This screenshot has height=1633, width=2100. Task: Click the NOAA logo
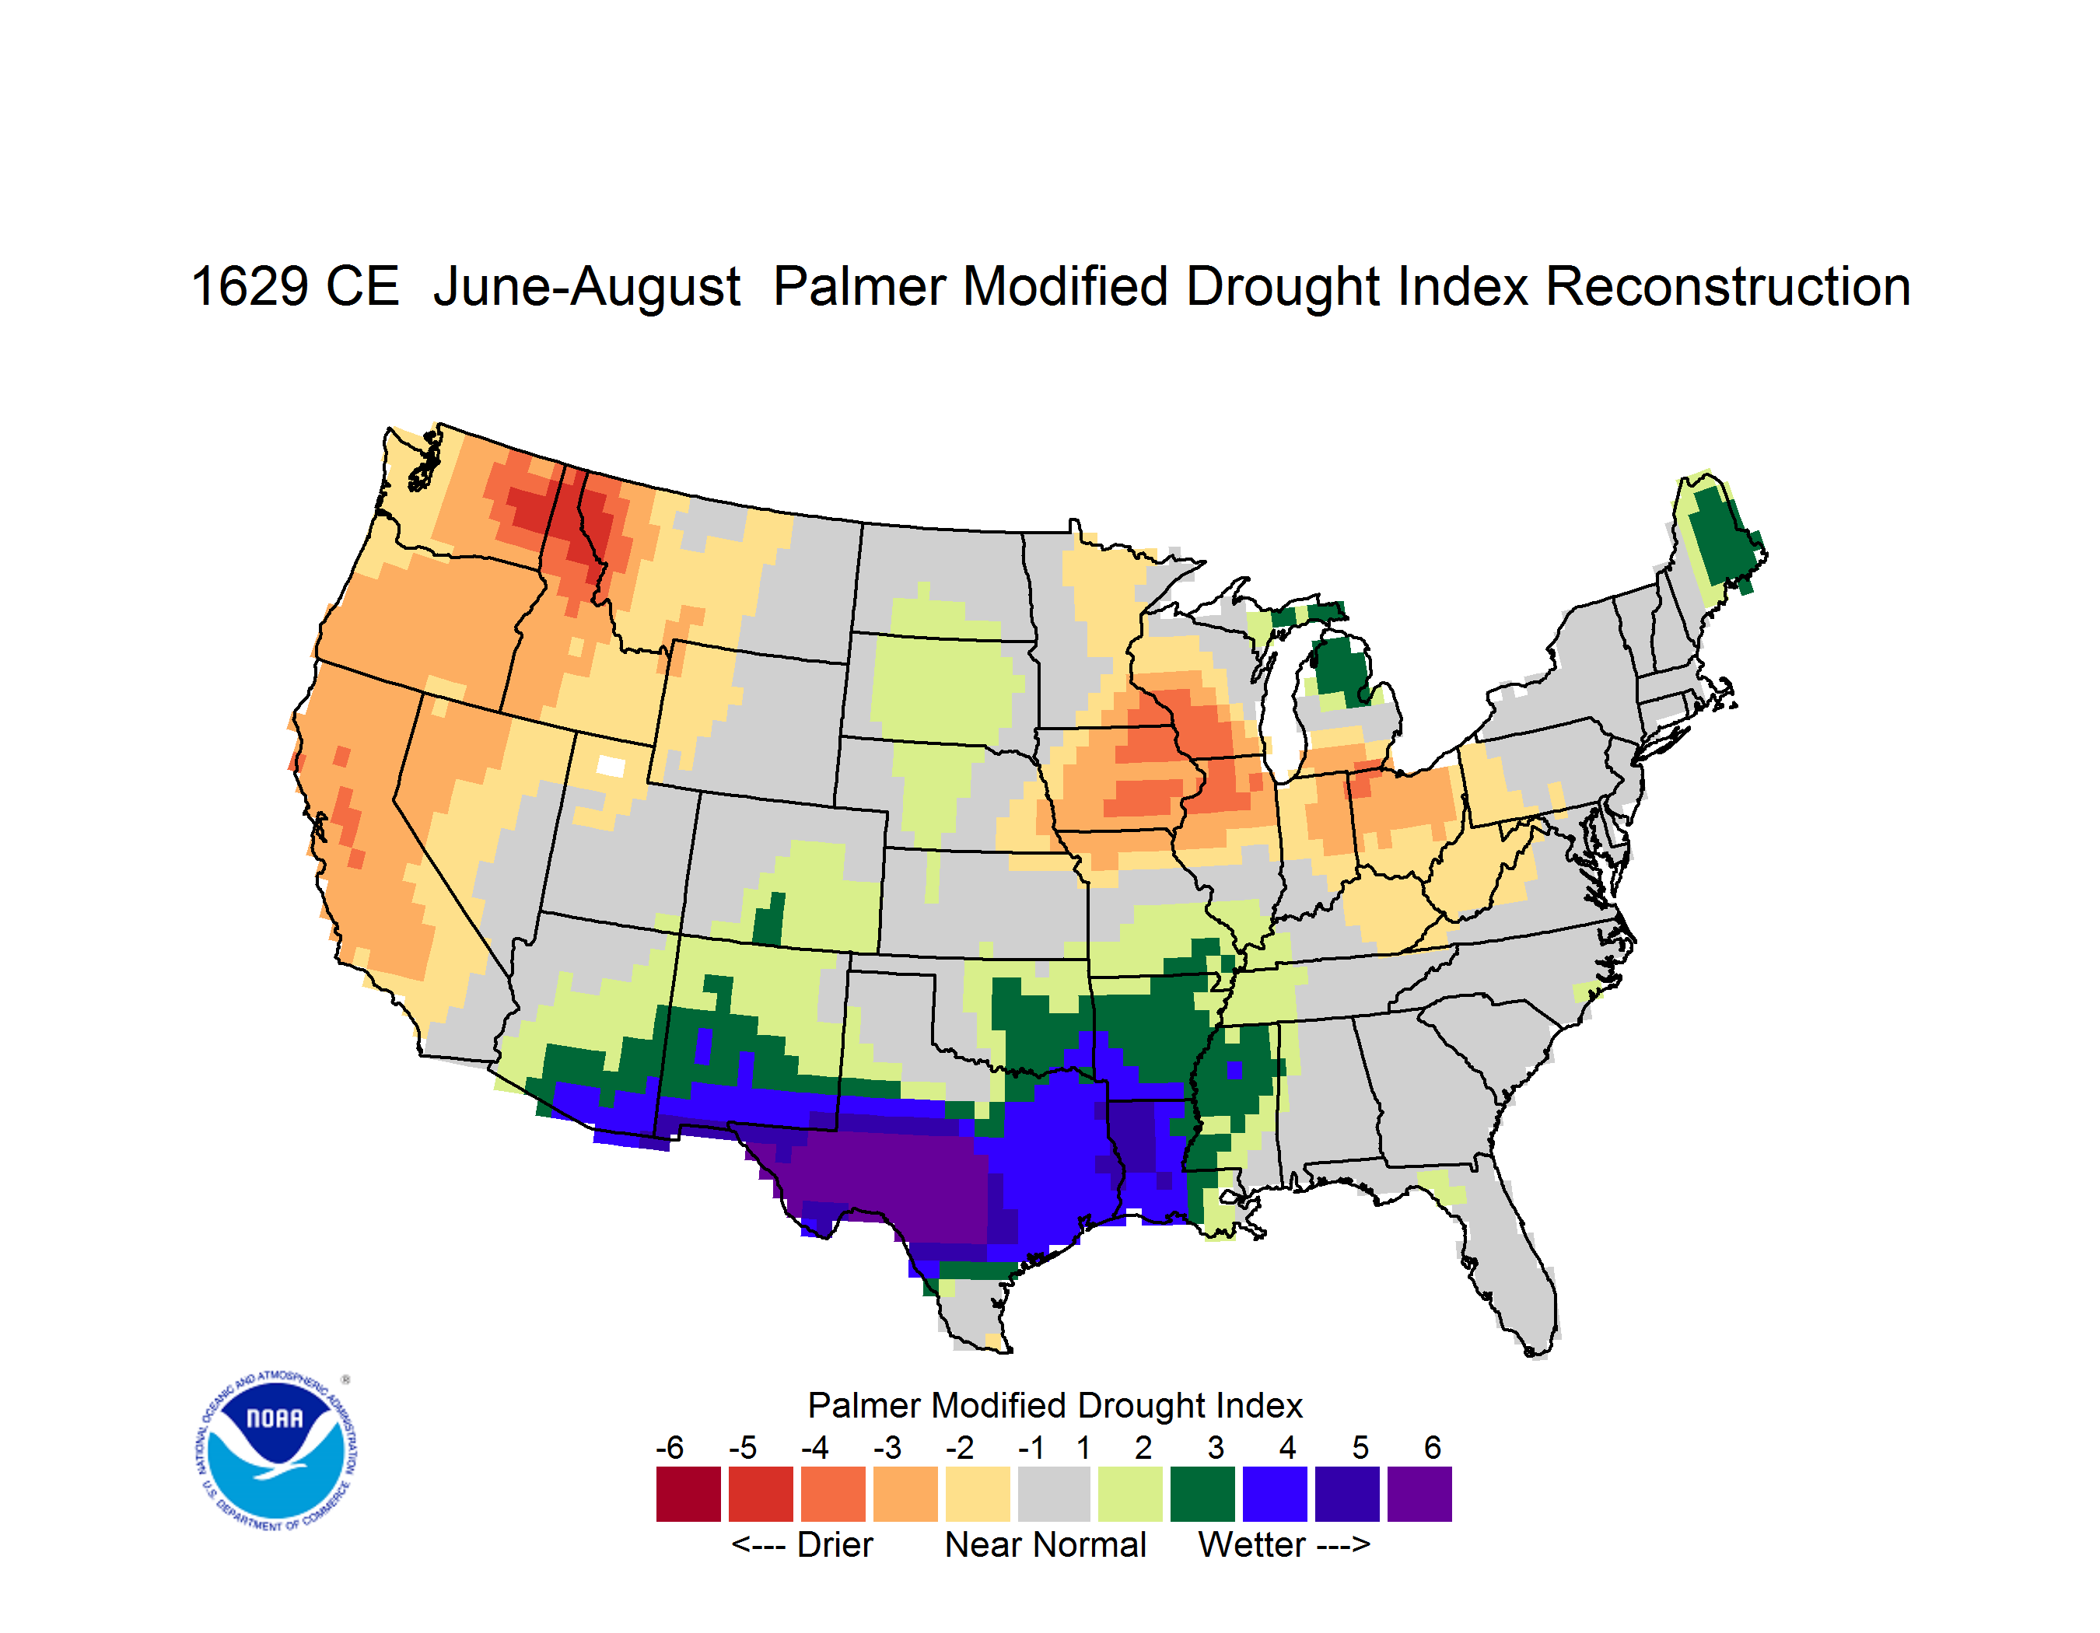[276, 1451]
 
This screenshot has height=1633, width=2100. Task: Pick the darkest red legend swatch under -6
[688, 1494]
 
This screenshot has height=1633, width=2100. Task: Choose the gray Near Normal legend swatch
[1055, 1494]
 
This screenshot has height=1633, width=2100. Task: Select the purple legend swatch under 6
[1419, 1494]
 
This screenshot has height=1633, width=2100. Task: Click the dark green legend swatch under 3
[1202, 1494]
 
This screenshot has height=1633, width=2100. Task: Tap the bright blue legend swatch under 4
[1275, 1494]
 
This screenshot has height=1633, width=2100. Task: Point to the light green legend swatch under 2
[1130, 1494]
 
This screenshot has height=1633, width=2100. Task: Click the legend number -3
[887, 1447]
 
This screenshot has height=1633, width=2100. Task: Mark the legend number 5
[1360, 1447]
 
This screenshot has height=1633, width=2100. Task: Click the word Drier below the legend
[835, 1544]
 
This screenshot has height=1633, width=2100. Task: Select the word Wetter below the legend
[1252, 1544]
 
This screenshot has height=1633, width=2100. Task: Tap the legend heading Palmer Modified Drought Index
[1055, 1405]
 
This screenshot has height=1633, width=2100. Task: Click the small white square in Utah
[611, 766]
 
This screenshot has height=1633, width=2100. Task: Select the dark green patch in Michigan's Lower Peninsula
[1342, 668]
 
